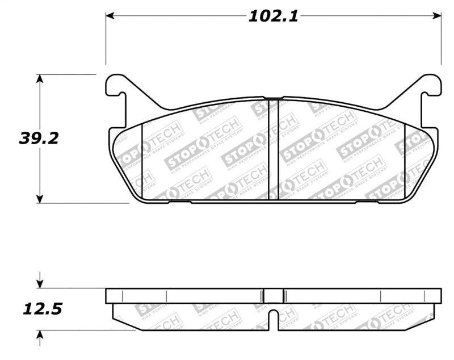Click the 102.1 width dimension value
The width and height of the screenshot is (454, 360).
pos(273,16)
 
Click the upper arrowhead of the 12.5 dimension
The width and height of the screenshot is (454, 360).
pos(39,284)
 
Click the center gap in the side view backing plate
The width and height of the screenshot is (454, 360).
pos(274,295)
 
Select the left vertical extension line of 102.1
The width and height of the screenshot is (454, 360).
pos(106,40)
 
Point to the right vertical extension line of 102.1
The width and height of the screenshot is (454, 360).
pos(442,40)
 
